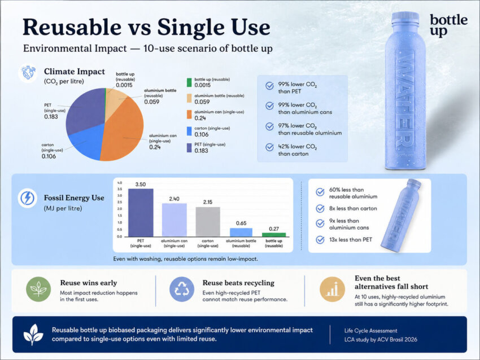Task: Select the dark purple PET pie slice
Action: click(84, 110)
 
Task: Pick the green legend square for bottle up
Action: click(189, 82)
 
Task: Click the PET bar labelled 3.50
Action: click(141, 213)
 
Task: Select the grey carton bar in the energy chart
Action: click(208, 222)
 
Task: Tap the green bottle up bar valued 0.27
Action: click(274, 235)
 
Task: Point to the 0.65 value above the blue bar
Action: click(241, 223)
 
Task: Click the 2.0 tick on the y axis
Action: click(119, 209)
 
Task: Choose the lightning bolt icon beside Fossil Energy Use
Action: click(27, 198)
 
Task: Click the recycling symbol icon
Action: click(182, 289)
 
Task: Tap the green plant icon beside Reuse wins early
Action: click(38, 289)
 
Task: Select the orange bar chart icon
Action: click(332, 289)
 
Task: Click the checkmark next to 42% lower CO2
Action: click(269, 147)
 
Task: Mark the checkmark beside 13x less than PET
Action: click(320, 239)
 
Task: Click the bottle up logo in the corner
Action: click(448, 25)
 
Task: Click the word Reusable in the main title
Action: click(72, 27)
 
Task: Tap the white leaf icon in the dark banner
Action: click(33, 335)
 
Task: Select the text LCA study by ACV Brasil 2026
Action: click(381, 340)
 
